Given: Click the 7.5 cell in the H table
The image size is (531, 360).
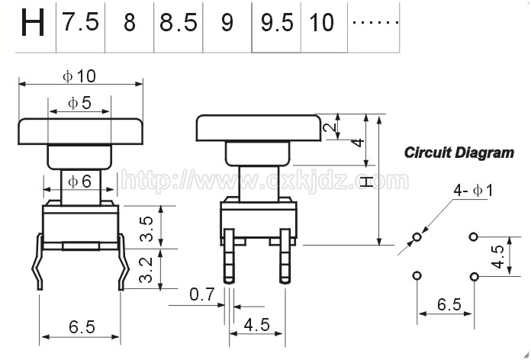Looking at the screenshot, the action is (x=80, y=22).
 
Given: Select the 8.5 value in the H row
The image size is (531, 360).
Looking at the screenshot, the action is (x=178, y=23).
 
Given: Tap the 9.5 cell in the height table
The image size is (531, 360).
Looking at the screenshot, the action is (x=277, y=23).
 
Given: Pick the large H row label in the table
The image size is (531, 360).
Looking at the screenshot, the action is (x=33, y=23).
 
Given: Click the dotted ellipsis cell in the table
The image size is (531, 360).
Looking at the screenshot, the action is (x=375, y=23).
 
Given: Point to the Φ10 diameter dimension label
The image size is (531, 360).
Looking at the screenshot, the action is (x=79, y=76).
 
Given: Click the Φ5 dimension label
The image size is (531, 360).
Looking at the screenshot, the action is (x=79, y=103).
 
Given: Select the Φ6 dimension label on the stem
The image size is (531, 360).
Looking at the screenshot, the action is (x=79, y=182).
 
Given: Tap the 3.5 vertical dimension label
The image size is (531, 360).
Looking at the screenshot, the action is (x=146, y=229).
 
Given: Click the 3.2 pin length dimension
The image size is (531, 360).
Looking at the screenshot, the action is (x=146, y=270).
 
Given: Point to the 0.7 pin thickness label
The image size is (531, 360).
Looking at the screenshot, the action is (x=202, y=294).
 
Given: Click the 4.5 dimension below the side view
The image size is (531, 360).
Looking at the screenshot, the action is (x=256, y=325).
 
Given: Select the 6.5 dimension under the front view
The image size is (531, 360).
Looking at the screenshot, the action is (x=82, y=326).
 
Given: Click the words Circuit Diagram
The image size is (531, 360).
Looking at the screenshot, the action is (x=459, y=153).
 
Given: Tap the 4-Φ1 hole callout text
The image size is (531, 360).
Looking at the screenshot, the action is (x=473, y=191).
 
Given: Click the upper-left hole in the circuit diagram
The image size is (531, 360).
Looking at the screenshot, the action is (x=417, y=236).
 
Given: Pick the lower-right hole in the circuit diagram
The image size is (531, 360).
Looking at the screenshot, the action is (x=475, y=277).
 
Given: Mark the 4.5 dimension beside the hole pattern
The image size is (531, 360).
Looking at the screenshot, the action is (x=498, y=257).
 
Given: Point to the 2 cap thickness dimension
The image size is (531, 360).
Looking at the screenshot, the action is (x=330, y=127).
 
